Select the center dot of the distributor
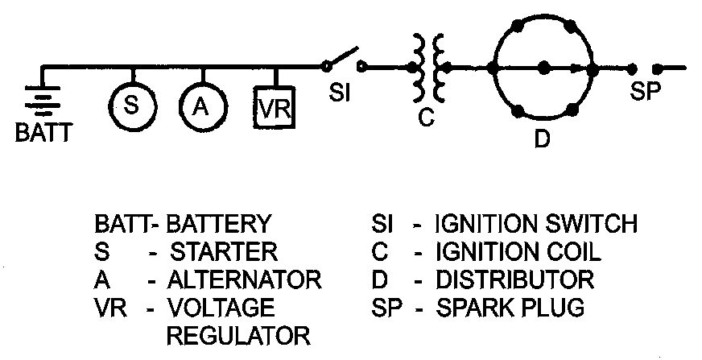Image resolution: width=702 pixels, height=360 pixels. point(544,68)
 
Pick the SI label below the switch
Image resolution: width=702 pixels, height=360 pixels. point(340,93)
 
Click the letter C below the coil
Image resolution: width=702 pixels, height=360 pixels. point(427,117)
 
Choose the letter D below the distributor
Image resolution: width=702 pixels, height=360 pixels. point(543,139)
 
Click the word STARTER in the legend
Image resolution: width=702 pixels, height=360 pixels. point(225,252)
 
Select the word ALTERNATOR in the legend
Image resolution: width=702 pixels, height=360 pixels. point(244,279)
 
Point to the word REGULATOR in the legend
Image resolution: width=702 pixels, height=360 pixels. point(238,335)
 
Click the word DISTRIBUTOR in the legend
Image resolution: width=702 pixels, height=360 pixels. point(514,279)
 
